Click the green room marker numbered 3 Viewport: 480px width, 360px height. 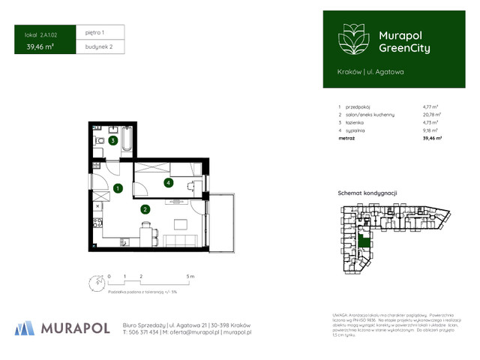point(112,140)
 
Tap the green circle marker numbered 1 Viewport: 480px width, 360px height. point(118,188)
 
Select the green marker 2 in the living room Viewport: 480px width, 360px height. point(145,209)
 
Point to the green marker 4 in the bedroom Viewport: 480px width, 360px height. point(169,182)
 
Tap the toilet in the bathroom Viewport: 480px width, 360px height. point(97,142)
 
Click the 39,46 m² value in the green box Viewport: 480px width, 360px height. point(39,47)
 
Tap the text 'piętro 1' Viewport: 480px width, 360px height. point(94,33)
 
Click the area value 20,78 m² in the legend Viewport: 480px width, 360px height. point(431,113)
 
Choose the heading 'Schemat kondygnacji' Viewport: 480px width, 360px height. point(367,193)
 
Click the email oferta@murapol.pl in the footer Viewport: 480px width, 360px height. point(193,331)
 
